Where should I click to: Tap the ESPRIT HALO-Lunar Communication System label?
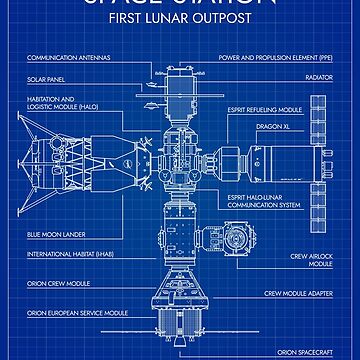click(262, 203)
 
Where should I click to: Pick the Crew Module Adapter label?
click(298, 294)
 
